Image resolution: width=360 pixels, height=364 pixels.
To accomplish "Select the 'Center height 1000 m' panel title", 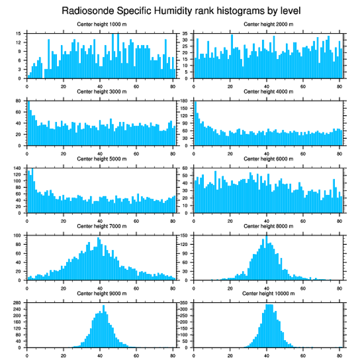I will [101, 24].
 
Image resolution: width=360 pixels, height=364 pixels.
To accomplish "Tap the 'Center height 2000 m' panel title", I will [268, 24].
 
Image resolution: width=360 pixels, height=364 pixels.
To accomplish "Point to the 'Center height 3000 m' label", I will [101, 92].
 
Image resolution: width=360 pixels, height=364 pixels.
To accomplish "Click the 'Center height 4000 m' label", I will [268, 92].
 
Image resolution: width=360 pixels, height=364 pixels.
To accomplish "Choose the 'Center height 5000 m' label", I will [101, 159].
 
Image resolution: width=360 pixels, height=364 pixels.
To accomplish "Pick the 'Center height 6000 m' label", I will [268, 159].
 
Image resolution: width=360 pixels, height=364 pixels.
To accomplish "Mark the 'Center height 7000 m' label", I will [101, 226].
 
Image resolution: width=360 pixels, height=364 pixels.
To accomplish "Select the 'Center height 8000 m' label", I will [268, 226].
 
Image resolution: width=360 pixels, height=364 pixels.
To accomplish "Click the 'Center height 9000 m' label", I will [101, 293].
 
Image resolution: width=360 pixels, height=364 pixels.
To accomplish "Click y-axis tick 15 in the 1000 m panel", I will [19, 34].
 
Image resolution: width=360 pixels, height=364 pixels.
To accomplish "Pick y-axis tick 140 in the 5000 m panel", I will [18, 168].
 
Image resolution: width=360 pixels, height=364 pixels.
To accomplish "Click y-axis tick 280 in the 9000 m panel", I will [18, 303].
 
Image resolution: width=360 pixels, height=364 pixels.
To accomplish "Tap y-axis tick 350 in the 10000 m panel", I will [185, 303].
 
